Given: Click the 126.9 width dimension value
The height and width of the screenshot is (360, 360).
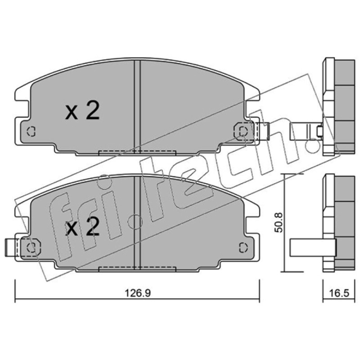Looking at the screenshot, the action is point(138,293).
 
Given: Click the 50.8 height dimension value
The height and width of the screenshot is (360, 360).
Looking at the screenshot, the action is point(279,222).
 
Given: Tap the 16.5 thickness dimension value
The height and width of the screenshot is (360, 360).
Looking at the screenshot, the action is point(339,293).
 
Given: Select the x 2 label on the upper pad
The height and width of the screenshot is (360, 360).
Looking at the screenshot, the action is point(82,111).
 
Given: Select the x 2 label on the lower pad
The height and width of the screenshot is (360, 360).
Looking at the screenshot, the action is point(82,226).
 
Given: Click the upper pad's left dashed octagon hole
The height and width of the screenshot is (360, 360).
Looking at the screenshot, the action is point(31,131).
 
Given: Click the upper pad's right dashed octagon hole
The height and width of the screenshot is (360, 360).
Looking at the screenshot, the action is point(243,131).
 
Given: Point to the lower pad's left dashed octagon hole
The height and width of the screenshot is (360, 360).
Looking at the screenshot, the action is point(31,247).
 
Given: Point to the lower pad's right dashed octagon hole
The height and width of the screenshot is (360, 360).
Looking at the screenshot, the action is point(243,247).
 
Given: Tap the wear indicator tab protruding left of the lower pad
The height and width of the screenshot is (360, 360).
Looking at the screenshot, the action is point(11,247).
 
